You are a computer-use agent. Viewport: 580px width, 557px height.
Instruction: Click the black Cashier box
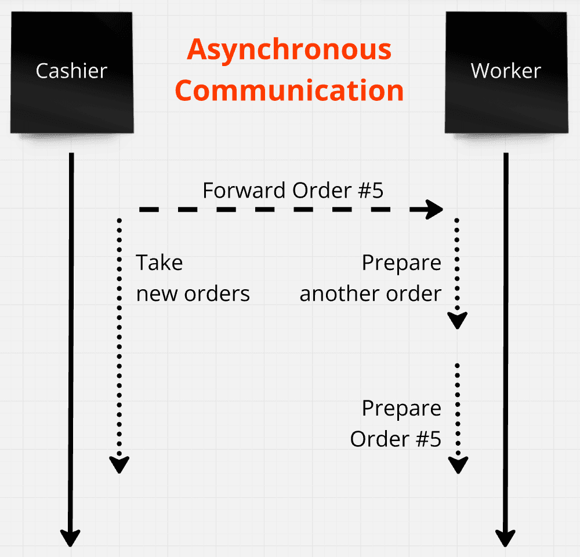[71, 71]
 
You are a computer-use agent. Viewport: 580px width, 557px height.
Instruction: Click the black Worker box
[506, 71]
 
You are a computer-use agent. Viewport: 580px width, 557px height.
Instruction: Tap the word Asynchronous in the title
[289, 50]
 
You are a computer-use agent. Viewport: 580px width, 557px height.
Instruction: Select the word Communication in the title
[289, 91]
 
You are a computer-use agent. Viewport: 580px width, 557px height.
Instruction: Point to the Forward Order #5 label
[293, 190]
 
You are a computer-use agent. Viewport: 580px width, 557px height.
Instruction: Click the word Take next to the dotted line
[159, 263]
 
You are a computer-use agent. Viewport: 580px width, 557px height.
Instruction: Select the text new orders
[193, 293]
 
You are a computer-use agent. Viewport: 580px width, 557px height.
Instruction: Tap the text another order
[370, 293]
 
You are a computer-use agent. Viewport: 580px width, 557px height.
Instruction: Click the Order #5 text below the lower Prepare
[396, 439]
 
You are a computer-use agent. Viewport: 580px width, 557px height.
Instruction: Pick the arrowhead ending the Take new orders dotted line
[119, 464]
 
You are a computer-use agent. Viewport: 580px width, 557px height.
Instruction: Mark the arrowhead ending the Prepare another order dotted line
[458, 320]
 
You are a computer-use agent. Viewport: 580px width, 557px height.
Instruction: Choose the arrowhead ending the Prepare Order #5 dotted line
[458, 464]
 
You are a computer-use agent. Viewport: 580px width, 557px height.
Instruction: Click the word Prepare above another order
[401, 263]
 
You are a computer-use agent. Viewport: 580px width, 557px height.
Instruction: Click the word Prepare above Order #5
[401, 408]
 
